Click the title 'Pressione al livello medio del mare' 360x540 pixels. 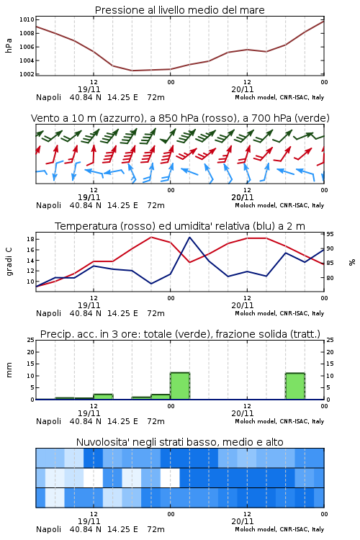coord(179,10)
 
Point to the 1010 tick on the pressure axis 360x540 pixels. coord(27,19)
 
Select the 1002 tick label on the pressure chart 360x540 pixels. coord(27,74)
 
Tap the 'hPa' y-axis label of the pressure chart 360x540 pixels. coord(9,45)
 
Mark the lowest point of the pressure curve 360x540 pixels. coord(132,71)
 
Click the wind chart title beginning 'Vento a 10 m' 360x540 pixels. coord(180,118)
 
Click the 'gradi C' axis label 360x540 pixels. coord(9,262)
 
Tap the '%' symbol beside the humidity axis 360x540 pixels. coord(352,262)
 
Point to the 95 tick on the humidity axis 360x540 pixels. coord(330,234)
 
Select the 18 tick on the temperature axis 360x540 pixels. coord(30,239)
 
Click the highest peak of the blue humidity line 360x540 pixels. coord(189,237)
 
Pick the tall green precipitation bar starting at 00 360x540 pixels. coord(180,386)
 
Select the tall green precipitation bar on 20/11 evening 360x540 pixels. coord(295,387)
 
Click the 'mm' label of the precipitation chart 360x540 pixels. coord(9,370)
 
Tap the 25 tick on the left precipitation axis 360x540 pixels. coord(31,340)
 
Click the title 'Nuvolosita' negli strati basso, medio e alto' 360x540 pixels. coord(179,442)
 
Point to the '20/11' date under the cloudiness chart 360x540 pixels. coord(243,521)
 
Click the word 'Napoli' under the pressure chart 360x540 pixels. coord(48,97)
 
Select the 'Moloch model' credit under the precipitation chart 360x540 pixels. coord(256,421)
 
